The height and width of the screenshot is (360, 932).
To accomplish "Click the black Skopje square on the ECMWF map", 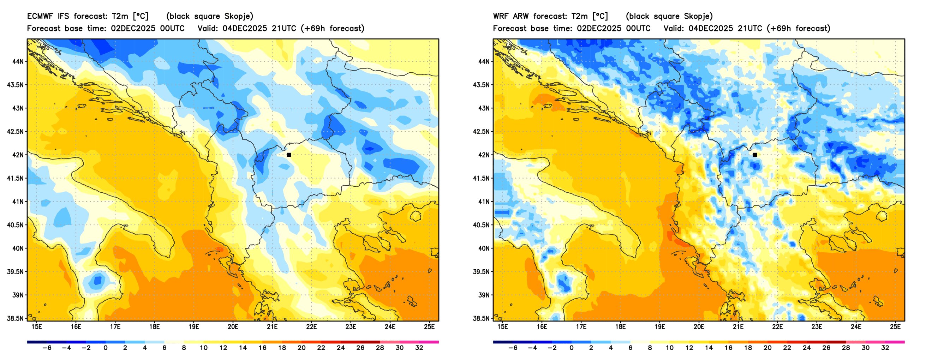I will click(x=289, y=155).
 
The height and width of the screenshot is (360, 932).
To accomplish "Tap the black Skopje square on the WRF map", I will click(x=755, y=155).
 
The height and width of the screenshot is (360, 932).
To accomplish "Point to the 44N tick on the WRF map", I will click(x=484, y=61).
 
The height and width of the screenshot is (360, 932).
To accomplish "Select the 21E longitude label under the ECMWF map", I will click(x=272, y=327).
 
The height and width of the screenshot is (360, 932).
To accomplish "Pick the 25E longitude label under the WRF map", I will click(x=895, y=327).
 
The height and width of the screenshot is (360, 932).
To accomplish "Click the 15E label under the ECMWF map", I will click(x=37, y=327).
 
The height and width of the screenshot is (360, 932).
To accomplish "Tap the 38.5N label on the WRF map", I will click(x=481, y=318).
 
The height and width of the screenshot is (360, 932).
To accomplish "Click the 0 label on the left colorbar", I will click(x=106, y=348).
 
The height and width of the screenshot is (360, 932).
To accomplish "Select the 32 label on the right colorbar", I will click(x=885, y=348).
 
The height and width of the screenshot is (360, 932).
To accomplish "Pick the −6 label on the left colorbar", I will click(x=47, y=348).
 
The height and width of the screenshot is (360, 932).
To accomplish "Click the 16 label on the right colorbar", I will click(x=728, y=348).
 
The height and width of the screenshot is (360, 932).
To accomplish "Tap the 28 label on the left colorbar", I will click(x=380, y=348).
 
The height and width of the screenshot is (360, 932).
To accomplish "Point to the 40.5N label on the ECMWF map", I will click(x=15, y=225).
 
